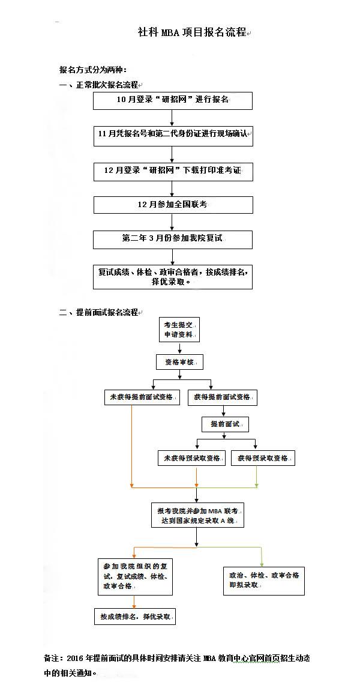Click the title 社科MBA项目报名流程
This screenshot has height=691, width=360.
(x=192, y=32)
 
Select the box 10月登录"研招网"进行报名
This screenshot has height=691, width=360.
(x=172, y=100)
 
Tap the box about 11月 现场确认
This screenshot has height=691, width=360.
(x=172, y=136)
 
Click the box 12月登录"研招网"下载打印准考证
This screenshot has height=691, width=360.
(x=172, y=171)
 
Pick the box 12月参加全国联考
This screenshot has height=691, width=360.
(x=172, y=205)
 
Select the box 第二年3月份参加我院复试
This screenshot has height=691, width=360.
(x=172, y=239)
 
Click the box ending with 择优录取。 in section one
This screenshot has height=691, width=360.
(x=172, y=276)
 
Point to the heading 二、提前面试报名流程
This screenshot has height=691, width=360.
(x=99, y=312)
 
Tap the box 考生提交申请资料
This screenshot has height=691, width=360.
(x=179, y=330)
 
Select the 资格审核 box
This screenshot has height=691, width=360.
(x=179, y=362)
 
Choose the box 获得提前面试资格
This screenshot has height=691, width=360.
(x=223, y=397)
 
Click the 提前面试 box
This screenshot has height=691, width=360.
(x=225, y=424)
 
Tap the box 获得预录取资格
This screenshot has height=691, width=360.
(x=263, y=458)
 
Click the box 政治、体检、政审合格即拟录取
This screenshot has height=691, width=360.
(x=263, y=580)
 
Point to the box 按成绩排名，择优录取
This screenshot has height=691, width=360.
(x=135, y=617)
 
